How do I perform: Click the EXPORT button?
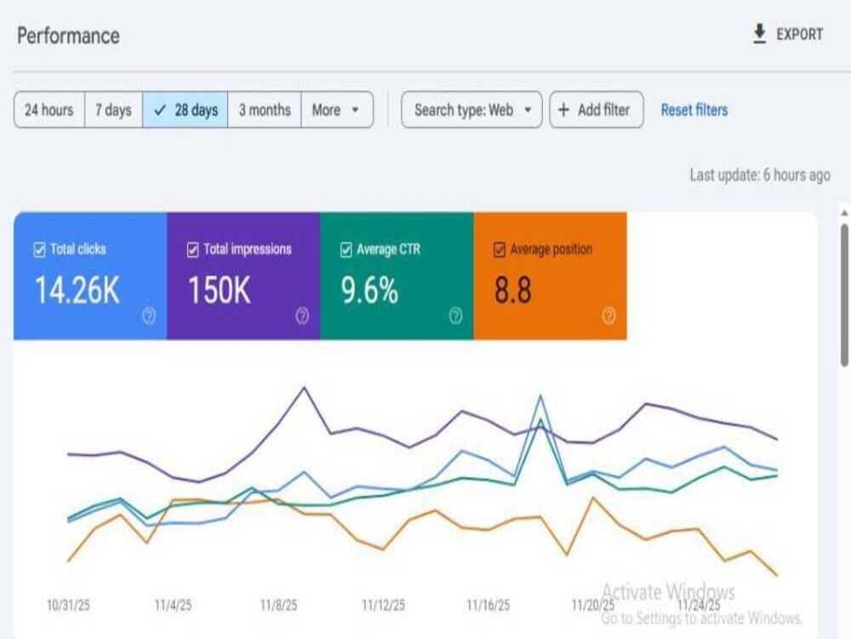coord(788,34)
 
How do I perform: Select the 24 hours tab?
coord(49,110)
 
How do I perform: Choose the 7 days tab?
coord(113,110)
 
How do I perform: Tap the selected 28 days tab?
coord(185,110)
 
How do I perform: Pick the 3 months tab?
coord(265,110)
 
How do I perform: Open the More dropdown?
coord(337,110)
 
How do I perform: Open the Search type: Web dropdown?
coord(471,110)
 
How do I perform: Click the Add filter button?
coord(597,110)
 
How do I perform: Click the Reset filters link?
coord(694,110)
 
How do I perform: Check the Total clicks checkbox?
coord(40,250)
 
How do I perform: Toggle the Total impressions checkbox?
coord(192,250)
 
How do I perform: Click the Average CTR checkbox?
coord(346,250)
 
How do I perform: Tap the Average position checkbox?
coord(500,250)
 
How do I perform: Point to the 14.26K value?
coord(77,291)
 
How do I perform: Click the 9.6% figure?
coord(369,291)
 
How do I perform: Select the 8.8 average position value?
coord(513,291)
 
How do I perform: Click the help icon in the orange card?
coord(609,316)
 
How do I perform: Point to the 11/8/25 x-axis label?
coord(278,605)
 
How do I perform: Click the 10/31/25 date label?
coord(68,605)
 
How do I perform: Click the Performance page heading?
coord(68,36)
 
